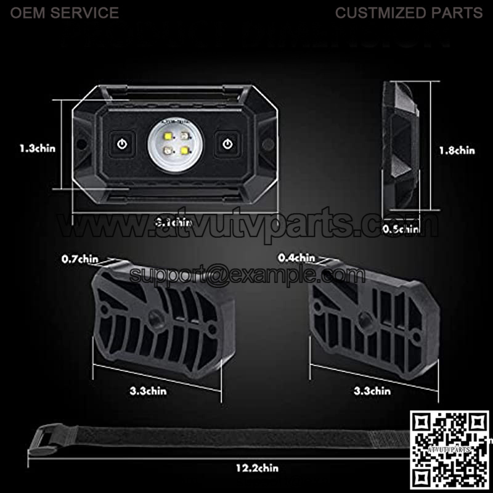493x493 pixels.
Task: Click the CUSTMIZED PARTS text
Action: point(409,12)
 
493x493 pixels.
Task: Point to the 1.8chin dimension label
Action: point(457,150)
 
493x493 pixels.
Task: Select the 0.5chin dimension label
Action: point(401,229)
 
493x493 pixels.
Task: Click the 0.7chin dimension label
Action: point(79,259)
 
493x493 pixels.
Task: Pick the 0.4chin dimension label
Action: point(296,258)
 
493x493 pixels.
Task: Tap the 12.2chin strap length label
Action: point(257,469)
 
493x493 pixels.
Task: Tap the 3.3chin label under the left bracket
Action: point(148,390)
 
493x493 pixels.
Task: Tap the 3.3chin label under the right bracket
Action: point(372,390)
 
